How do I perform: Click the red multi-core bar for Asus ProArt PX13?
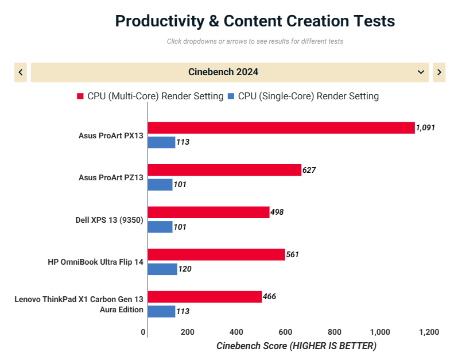coord(281,127)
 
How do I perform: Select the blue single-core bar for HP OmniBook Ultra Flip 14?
coord(162,269)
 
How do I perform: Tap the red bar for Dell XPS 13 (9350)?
coord(209,212)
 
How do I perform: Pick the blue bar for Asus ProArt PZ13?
coord(160,184)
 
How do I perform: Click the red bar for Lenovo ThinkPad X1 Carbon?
coord(205,296)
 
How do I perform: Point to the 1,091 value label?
coord(426,127)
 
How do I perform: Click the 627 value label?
coord(309,170)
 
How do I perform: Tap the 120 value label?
coord(184,269)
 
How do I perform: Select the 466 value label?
coord(270,296)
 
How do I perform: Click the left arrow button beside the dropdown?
coord(21,72)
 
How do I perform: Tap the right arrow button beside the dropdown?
coord(439,72)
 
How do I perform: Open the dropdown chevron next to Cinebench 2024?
coord(421,72)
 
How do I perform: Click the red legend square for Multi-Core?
coord(80,96)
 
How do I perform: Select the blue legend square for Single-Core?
coord(231,96)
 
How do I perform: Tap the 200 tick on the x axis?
coord(187,332)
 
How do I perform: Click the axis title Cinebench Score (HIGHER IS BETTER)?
coord(296,346)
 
